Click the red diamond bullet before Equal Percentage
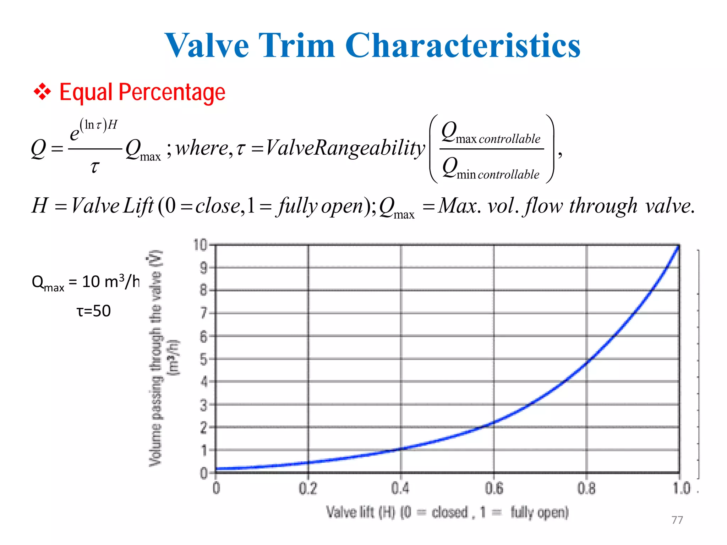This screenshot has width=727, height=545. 42,92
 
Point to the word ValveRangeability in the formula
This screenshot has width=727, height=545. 345,148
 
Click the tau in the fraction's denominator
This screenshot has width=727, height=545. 94,166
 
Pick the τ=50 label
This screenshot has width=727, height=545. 94,311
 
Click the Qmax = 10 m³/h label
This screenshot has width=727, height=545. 85,282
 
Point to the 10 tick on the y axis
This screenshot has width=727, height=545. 200,245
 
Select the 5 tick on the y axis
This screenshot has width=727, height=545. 203,359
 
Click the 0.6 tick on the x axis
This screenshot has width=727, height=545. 494,489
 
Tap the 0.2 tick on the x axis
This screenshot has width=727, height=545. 308,489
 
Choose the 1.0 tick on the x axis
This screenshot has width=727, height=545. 681,489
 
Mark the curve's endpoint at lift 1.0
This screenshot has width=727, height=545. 678,246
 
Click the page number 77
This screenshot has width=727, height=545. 677,520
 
